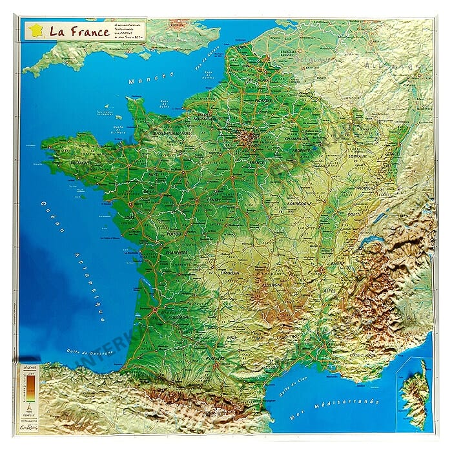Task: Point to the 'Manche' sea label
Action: [x=151, y=77]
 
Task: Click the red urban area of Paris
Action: [x=247, y=138]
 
